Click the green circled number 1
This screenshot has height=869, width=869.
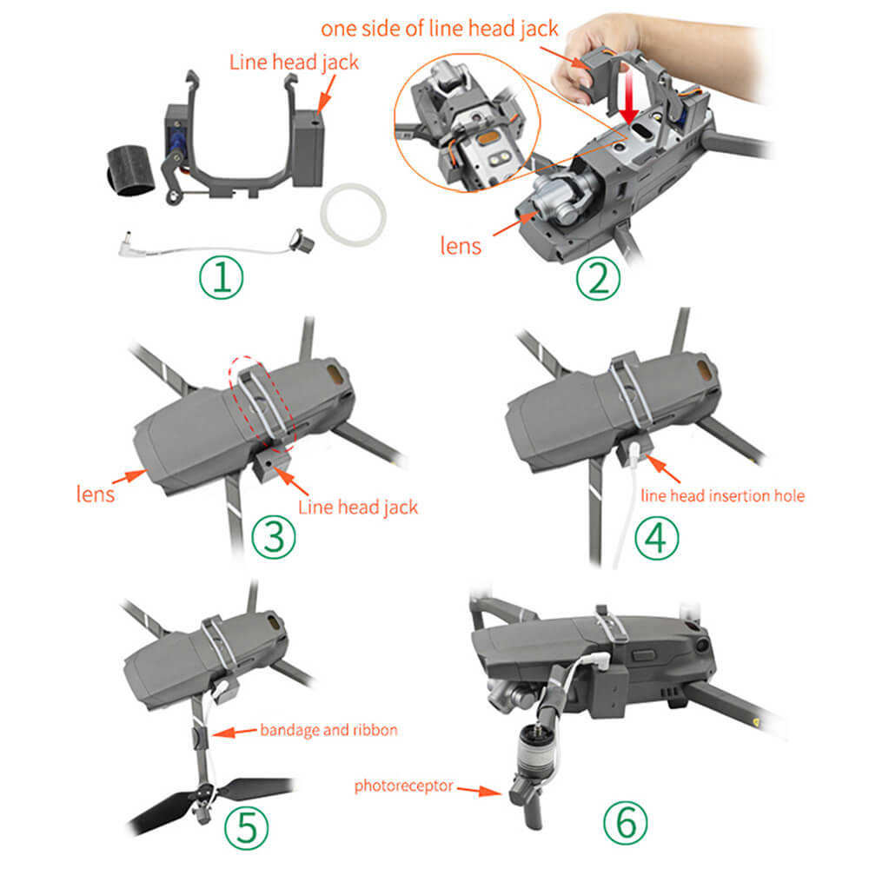click(x=221, y=277)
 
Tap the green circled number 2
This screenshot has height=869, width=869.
click(x=598, y=278)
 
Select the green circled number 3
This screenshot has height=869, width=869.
click(x=274, y=536)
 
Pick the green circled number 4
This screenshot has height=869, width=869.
click(x=657, y=537)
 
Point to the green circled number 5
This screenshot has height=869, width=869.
click(x=247, y=827)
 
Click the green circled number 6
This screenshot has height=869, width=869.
click(x=626, y=823)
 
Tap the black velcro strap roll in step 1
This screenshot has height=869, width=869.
click(x=131, y=171)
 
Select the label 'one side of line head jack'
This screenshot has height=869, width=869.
click(x=440, y=29)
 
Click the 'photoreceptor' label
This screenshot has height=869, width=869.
click(x=403, y=786)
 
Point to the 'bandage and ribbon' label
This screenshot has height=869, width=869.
click(x=328, y=730)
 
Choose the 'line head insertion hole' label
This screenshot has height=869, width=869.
click(x=723, y=495)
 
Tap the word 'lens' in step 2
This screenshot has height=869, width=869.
click(x=461, y=246)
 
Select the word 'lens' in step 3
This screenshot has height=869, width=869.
click(x=96, y=494)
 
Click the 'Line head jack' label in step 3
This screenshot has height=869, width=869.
click(x=358, y=507)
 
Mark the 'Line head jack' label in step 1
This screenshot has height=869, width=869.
click(x=294, y=62)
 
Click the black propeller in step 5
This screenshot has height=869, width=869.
click(x=209, y=802)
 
